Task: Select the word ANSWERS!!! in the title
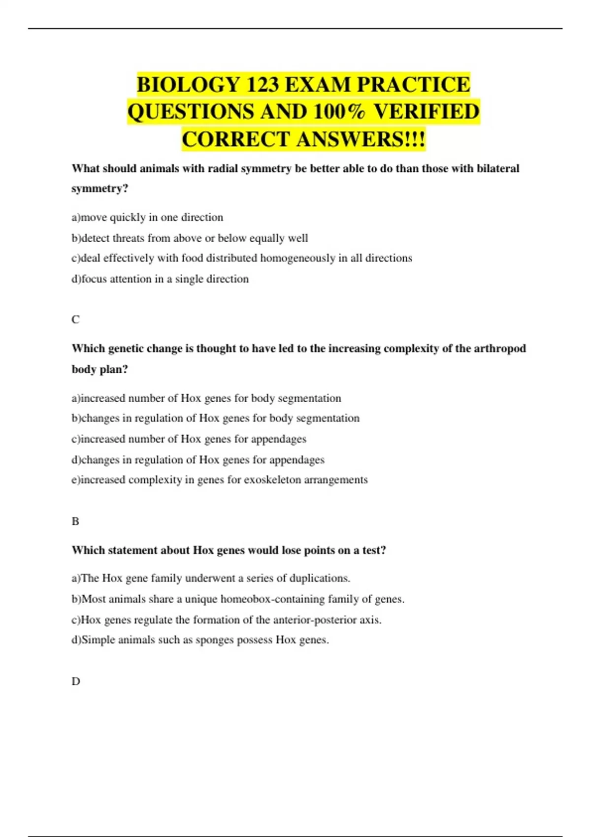pyautogui.click(x=361, y=139)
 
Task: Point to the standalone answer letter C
pyautogui.click(x=75, y=320)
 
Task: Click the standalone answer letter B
pyautogui.click(x=75, y=521)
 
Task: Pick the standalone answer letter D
pyautogui.click(x=76, y=681)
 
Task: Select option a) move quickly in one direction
pyautogui.click(x=147, y=217)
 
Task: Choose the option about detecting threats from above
pyautogui.click(x=190, y=238)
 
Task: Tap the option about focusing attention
pyautogui.click(x=160, y=279)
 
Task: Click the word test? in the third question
pyautogui.click(x=374, y=550)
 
